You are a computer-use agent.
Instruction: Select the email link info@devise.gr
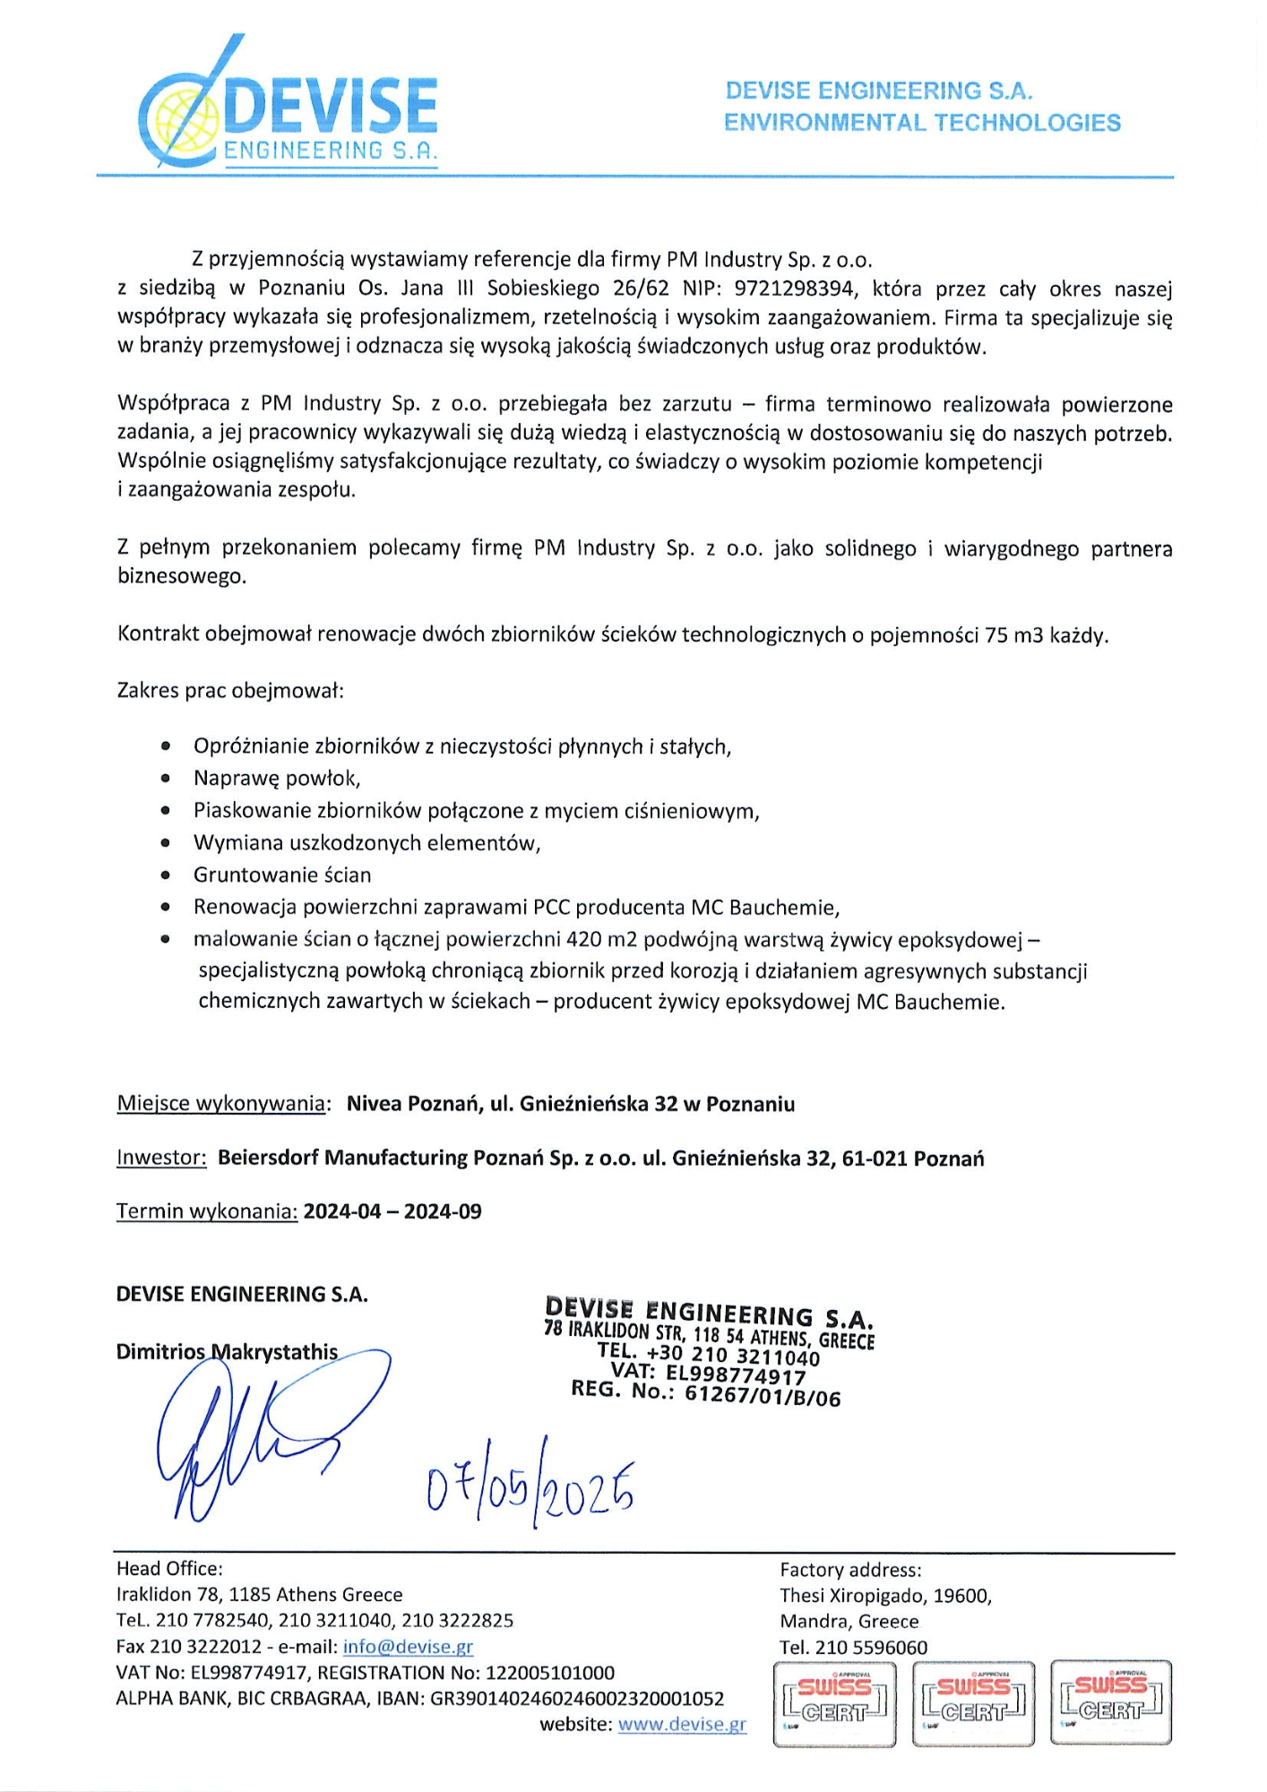tap(408, 1646)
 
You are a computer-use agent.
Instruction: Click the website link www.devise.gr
tap(682, 1724)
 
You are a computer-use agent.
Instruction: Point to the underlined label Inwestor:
tap(161, 1158)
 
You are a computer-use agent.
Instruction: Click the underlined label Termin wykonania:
tap(206, 1211)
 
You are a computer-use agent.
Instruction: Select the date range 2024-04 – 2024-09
tap(392, 1211)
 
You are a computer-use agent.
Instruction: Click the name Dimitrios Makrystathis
tap(227, 1352)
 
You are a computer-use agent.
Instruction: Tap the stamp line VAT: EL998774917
tap(708, 1374)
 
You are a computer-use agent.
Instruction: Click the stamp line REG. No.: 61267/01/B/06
tap(706, 1394)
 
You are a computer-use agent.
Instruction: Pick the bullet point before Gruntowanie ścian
tap(165, 874)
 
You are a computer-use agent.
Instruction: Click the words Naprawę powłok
tap(276, 778)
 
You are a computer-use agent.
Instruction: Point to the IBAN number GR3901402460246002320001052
tap(577, 1698)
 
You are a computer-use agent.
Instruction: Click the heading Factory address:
tap(850, 1569)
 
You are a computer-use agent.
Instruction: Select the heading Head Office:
tap(169, 1568)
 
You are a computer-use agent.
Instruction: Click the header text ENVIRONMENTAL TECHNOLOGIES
tap(922, 122)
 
